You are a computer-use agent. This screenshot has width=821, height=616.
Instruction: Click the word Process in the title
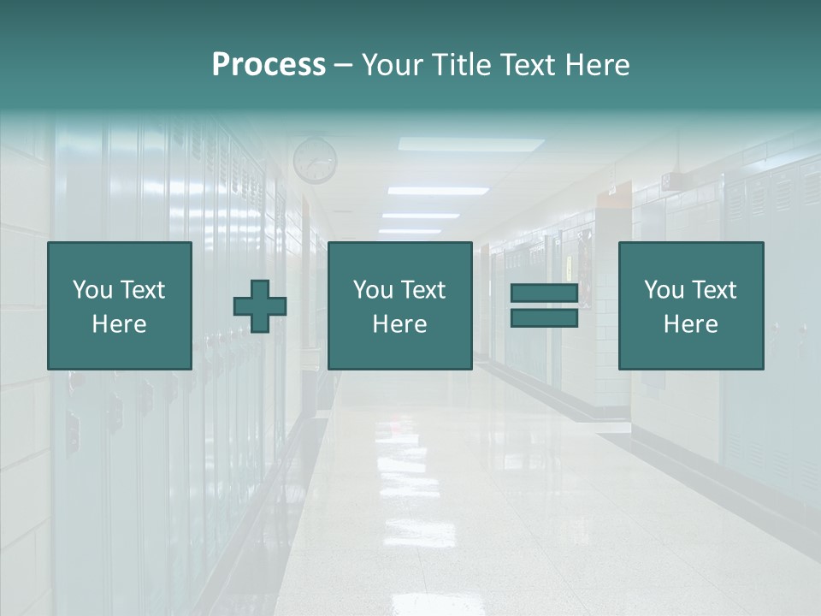pyautogui.click(x=269, y=65)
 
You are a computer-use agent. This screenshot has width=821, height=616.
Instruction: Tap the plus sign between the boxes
pyautogui.click(x=260, y=306)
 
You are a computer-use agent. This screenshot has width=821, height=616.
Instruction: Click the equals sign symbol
pyautogui.click(x=544, y=305)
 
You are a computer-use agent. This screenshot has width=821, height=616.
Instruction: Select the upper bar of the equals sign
pyautogui.click(x=544, y=293)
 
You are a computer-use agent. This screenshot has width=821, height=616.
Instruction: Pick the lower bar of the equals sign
pyautogui.click(x=544, y=317)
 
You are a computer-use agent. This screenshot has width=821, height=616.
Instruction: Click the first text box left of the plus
pyautogui.click(x=120, y=305)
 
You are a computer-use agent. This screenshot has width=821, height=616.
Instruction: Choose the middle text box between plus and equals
pyautogui.click(x=399, y=305)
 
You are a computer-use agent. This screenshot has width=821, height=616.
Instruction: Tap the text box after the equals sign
pyautogui.click(x=690, y=305)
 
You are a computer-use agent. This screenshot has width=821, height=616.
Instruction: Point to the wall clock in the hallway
pyautogui.click(x=315, y=160)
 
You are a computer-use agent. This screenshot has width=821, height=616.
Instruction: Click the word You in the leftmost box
pyautogui.click(x=92, y=290)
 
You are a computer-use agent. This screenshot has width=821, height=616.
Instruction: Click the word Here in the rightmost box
pyautogui.click(x=690, y=324)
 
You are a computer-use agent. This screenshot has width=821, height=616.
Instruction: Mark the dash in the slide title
pyautogui.click(x=343, y=65)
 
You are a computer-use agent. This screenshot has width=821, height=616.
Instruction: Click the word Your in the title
pyautogui.click(x=392, y=65)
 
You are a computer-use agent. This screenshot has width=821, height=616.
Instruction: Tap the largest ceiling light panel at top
pyautogui.click(x=470, y=145)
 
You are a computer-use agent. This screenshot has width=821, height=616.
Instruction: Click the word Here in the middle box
pyautogui.click(x=399, y=324)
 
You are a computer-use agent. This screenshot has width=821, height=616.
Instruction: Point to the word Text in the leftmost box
pyautogui.click(x=142, y=290)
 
